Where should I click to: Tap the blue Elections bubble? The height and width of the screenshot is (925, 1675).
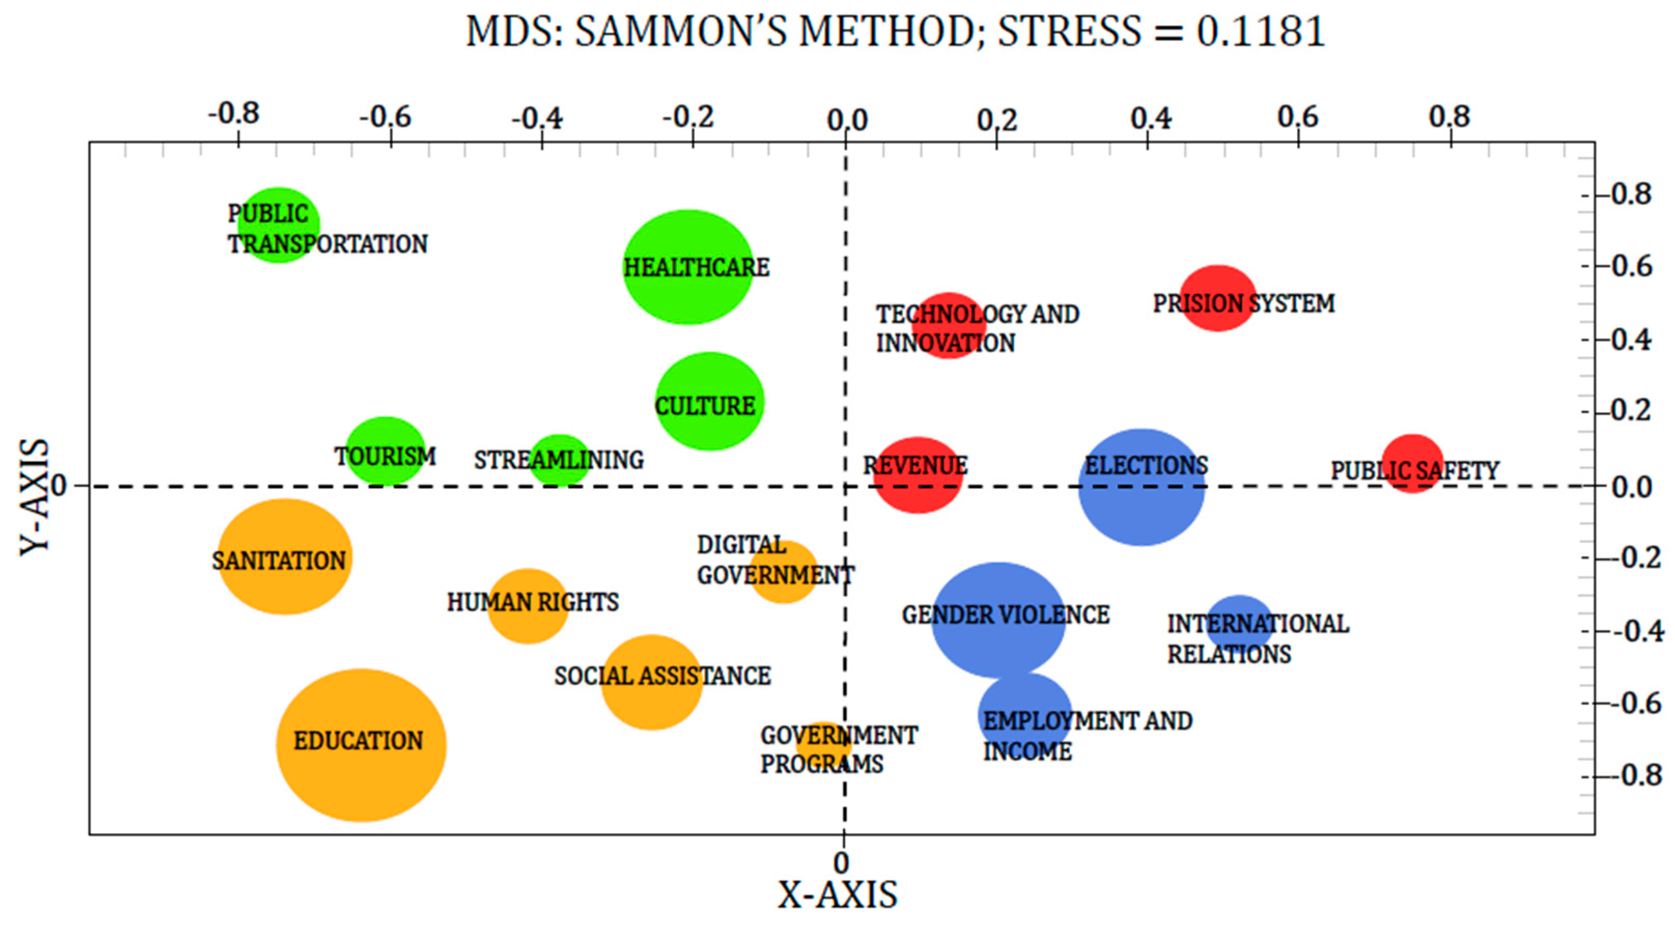[x=1142, y=486]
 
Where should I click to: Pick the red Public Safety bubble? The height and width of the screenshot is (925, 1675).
[x=1412, y=463]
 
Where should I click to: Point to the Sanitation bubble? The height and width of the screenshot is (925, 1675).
[x=285, y=557]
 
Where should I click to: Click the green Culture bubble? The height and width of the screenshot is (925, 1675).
[x=709, y=401]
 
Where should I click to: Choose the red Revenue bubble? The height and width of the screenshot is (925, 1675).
[x=918, y=474]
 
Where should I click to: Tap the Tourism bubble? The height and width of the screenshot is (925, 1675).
[x=385, y=451]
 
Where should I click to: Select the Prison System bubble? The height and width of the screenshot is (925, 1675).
[x=1217, y=298]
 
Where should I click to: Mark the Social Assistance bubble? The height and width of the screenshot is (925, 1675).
[x=652, y=682]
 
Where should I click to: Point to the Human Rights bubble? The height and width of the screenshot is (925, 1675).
[x=528, y=606]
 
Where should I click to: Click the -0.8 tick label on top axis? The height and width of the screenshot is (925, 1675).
[x=233, y=115]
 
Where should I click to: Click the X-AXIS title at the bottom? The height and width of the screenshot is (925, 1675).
[x=838, y=895]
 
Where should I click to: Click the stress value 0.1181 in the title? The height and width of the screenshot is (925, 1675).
[x=1261, y=31]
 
